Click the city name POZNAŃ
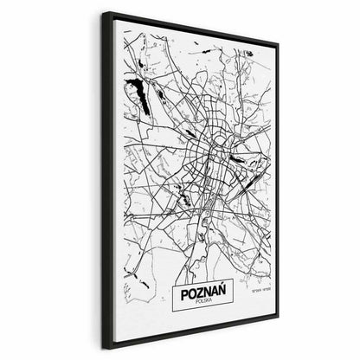pyautogui.click(x=203, y=296)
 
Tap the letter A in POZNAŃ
pyautogui.click(x=214, y=296)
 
